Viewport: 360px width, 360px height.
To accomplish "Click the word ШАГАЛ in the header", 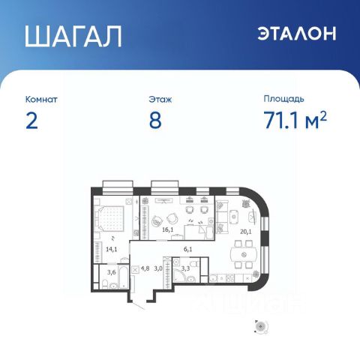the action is point(73,36).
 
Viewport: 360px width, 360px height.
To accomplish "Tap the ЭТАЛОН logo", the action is point(297,33).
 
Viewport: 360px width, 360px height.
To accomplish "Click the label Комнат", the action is point(41,99).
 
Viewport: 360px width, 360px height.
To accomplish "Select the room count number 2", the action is point(31,121).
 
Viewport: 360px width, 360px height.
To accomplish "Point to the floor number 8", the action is point(155,121).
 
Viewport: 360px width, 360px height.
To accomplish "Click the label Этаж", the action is point(160,99).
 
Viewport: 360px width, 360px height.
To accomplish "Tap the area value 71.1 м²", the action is point(295,120).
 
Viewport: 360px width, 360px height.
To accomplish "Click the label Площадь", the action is point(283,99).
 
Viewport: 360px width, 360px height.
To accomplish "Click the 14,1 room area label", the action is point(111,249).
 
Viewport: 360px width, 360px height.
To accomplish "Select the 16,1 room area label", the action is point(168,229).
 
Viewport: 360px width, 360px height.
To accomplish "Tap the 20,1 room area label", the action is point(246,232).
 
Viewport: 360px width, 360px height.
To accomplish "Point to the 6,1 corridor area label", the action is point(187,249).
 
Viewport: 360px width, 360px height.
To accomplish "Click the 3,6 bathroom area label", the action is point(112,272).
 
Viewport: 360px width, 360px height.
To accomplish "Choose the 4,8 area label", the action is point(145,268).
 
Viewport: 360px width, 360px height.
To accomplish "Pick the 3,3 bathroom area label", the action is point(185,268).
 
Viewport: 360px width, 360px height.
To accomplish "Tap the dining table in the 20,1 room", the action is point(244,254).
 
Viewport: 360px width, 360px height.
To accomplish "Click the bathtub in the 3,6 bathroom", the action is point(123,277).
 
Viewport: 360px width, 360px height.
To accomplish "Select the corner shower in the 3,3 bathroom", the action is point(180,276).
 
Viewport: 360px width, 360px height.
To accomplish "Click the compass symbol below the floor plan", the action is point(261,326).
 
